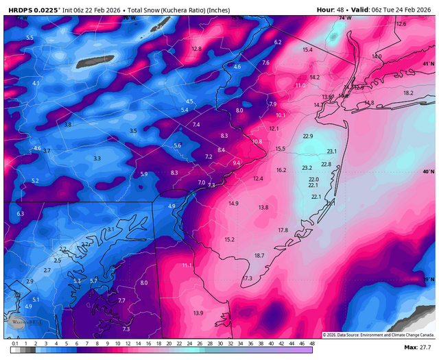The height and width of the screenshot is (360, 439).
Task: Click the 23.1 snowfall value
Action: pyautogui.click(x=332, y=152)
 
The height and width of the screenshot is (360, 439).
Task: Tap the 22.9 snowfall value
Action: pyautogui.click(x=308, y=136)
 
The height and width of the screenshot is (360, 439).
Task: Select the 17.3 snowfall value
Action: pyautogui.click(x=248, y=278)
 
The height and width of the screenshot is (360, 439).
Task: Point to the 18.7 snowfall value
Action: pyautogui.click(x=259, y=255)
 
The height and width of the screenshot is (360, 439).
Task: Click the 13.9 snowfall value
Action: pyautogui.click(x=198, y=313)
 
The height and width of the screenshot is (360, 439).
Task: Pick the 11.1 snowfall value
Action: pyautogui.click(x=187, y=265)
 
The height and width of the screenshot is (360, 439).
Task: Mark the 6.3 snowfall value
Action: pyautogui.click(x=21, y=214)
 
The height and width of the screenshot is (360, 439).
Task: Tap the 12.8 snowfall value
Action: pyautogui.click(x=197, y=49)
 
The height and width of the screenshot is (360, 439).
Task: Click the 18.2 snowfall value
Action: pyautogui.click(x=409, y=93)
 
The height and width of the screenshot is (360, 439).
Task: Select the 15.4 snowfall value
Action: pyautogui.click(x=307, y=50)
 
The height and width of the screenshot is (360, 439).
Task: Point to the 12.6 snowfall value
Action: pyautogui.click(x=401, y=24)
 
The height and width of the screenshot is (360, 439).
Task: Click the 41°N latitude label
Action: pyautogui.click(x=428, y=64)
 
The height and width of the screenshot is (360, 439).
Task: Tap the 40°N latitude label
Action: pyautogui.click(x=428, y=171)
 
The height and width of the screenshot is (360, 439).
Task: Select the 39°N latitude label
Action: pyautogui.click(x=428, y=280)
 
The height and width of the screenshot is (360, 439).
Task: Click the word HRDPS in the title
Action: pyautogui.click(x=21, y=9)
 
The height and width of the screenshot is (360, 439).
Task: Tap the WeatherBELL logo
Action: pyautogui.click(x=26, y=320)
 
